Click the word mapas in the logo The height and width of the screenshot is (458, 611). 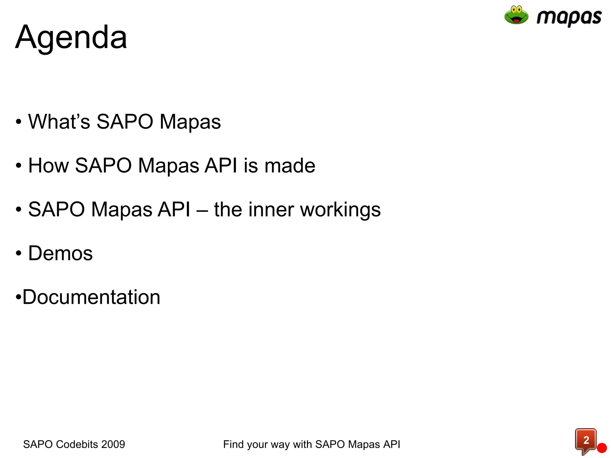[x=569, y=17]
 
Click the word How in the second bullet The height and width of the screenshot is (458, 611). [x=48, y=165]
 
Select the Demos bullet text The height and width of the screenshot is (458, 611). [x=60, y=253]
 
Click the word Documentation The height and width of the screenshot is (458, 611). [x=91, y=297]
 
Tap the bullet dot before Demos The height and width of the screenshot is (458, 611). [x=18, y=253]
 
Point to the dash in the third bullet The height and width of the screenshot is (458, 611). [x=202, y=210]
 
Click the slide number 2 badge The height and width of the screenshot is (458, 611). [x=586, y=440]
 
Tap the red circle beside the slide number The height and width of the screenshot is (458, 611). [x=602, y=448]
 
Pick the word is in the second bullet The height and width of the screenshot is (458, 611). [x=251, y=165]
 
